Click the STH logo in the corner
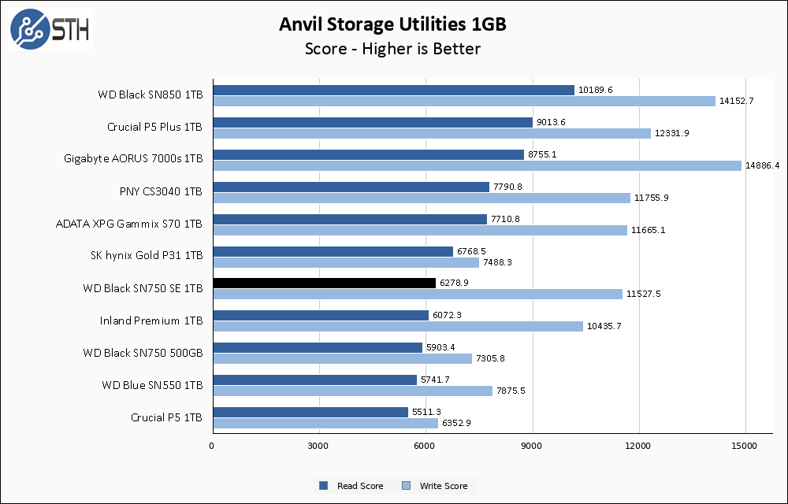(x=50, y=29)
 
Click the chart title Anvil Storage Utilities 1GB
(x=392, y=24)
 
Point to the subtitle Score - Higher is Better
(x=392, y=49)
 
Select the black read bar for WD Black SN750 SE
(x=324, y=283)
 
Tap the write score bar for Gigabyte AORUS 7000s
(x=477, y=165)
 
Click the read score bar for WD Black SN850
(x=393, y=90)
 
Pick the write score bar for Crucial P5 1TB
(x=325, y=423)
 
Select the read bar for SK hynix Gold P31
(x=333, y=251)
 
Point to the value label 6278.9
(x=455, y=283)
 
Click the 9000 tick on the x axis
(x=532, y=447)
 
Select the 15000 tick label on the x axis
(x=745, y=447)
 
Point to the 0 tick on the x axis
(x=212, y=447)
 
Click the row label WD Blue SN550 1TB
(x=152, y=384)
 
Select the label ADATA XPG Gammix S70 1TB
(x=129, y=224)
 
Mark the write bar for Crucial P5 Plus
(x=431, y=133)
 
